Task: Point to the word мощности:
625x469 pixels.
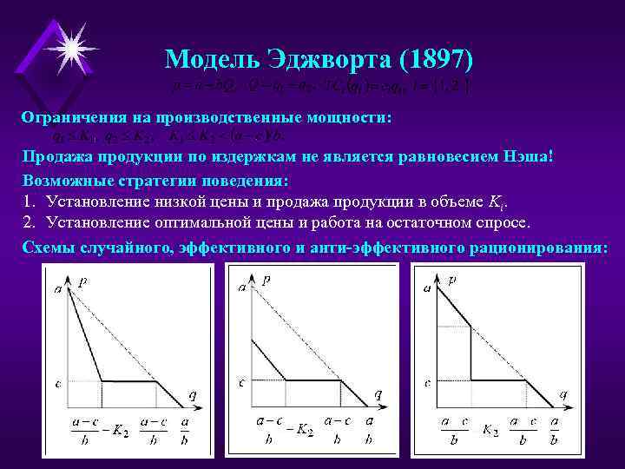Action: point(347,116)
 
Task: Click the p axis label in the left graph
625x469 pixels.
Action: point(82,282)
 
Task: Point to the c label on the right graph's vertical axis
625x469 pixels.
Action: point(428,381)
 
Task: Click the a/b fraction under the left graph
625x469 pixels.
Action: point(185,430)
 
